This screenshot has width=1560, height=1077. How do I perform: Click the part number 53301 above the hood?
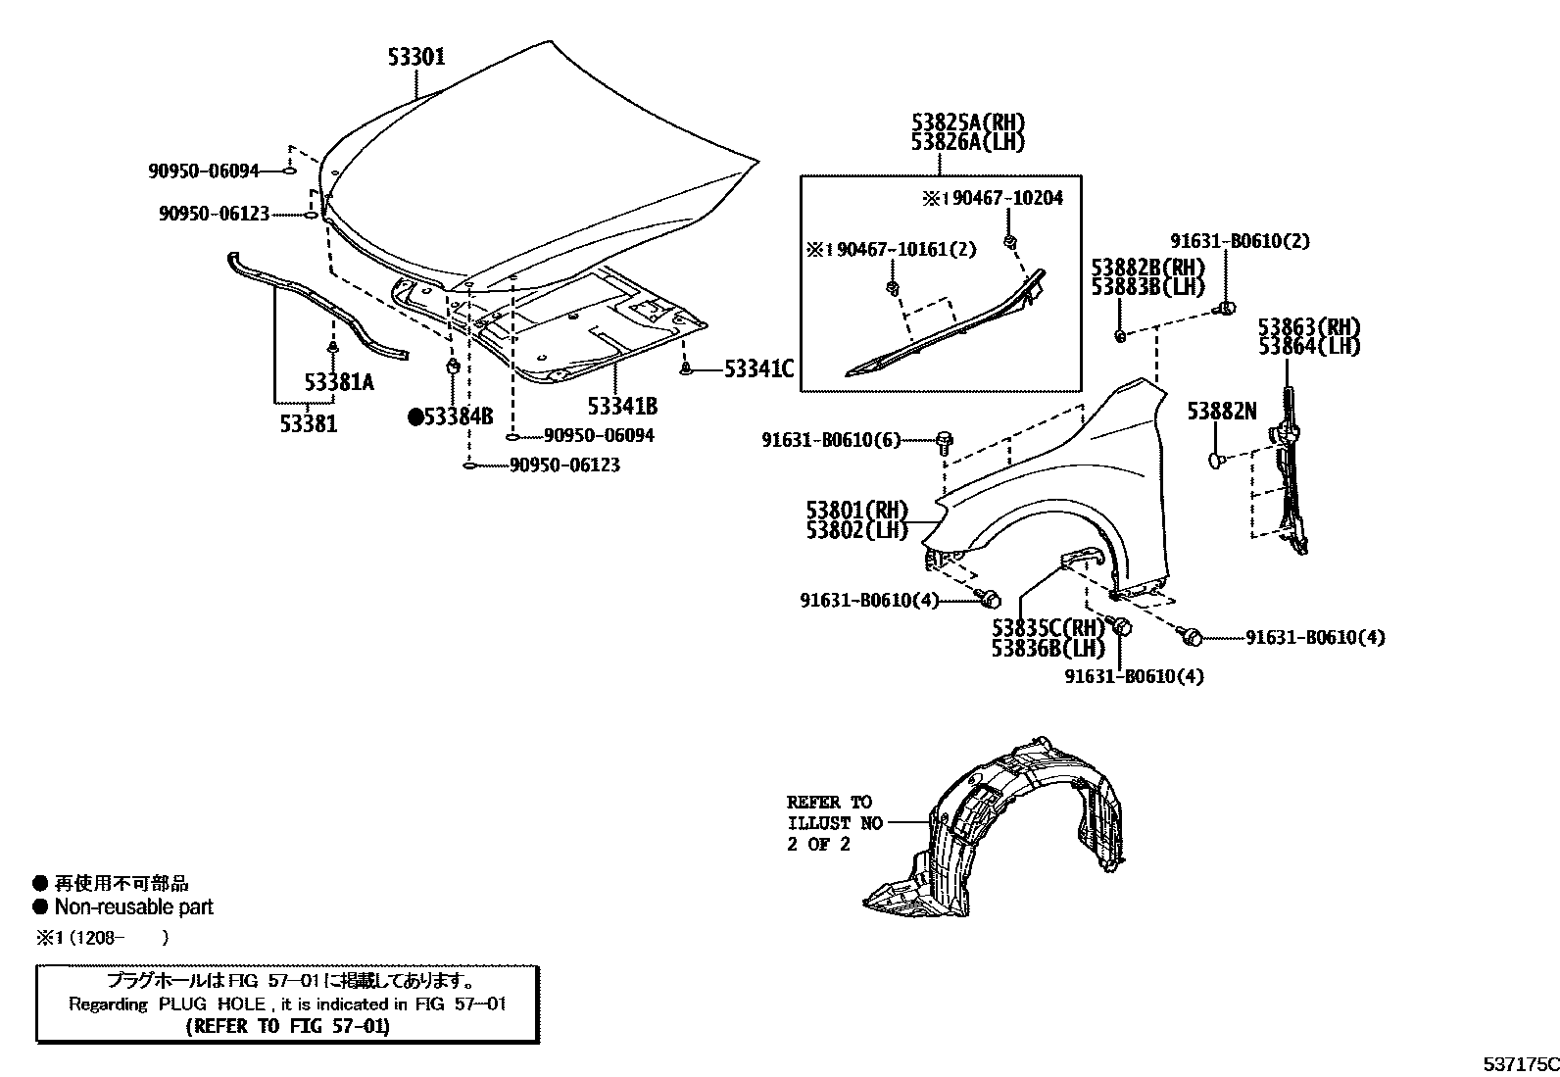(x=415, y=57)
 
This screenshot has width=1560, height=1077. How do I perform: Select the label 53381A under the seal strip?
(x=339, y=383)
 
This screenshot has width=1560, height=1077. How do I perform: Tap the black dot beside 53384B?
(x=415, y=417)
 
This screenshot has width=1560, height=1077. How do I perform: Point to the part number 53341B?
(x=622, y=406)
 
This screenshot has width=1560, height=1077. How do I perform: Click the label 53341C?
(x=758, y=369)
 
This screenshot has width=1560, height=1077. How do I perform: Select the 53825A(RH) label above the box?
(x=967, y=122)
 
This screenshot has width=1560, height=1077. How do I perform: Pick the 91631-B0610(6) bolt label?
(x=830, y=441)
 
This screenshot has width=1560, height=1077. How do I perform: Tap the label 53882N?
(x=1221, y=412)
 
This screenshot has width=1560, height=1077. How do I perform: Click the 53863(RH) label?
(x=1309, y=327)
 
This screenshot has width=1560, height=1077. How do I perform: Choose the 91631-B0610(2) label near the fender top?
(x=1240, y=241)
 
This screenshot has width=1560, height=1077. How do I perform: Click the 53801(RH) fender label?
(x=856, y=511)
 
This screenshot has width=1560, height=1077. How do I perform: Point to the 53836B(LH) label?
(x=1048, y=648)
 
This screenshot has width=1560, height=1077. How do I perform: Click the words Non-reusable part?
(x=133, y=907)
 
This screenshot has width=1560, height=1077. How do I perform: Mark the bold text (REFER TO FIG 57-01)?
(x=287, y=1026)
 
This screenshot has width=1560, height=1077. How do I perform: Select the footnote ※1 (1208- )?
(x=102, y=938)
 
